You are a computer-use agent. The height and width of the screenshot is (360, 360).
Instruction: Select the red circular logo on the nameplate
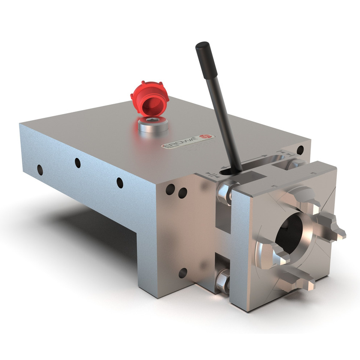[207, 137]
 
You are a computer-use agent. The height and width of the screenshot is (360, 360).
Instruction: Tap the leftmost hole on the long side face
[40, 169]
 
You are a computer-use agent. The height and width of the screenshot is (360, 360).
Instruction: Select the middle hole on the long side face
[78, 162]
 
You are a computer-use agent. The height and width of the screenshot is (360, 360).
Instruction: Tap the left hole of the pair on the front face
[171, 188]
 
